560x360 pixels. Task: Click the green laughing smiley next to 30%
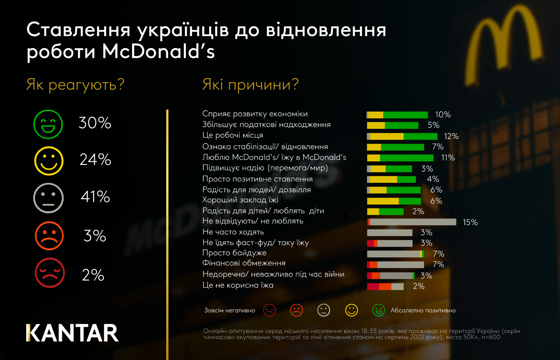pos(48,124)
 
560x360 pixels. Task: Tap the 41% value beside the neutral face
pos(95,197)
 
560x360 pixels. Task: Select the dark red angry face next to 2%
pos(50,273)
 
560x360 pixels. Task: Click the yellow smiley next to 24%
pos(49,161)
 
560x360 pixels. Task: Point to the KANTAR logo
pos(72,333)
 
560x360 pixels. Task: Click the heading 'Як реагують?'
pos(75,85)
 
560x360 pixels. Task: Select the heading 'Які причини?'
pos(250,85)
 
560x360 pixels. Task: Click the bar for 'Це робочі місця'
pos(402,136)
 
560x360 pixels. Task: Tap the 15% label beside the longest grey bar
pos(470,222)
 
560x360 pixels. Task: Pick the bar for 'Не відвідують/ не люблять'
pos(412,222)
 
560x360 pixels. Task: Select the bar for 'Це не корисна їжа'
pos(385,286)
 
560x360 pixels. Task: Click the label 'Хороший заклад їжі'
pos(240,200)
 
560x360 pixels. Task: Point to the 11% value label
pos(448,158)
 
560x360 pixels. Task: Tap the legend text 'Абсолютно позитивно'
pos(423,311)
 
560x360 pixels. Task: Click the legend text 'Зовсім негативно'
pos(230,311)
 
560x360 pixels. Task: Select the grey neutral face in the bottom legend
pos(323,310)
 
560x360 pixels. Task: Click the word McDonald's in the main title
pos(158,52)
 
